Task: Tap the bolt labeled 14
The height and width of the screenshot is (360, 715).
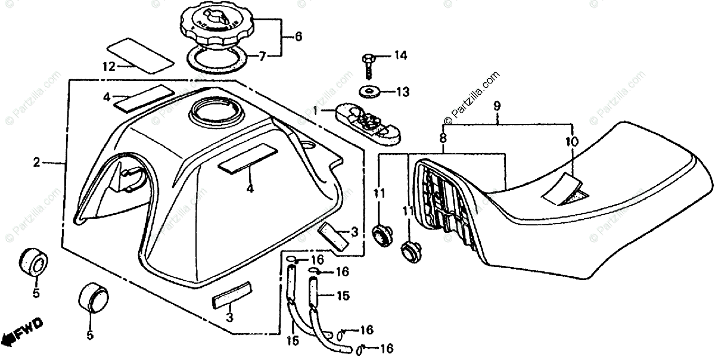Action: [x=368, y=64]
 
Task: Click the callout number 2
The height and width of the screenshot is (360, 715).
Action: [x=37, y=162]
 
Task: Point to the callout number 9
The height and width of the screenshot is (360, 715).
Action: [x=496, y=105]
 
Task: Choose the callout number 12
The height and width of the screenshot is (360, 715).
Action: [x=108, y=67]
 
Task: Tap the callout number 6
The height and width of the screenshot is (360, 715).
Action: [x=297, y=37]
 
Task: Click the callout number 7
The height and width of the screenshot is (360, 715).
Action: [x=262, y=57]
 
